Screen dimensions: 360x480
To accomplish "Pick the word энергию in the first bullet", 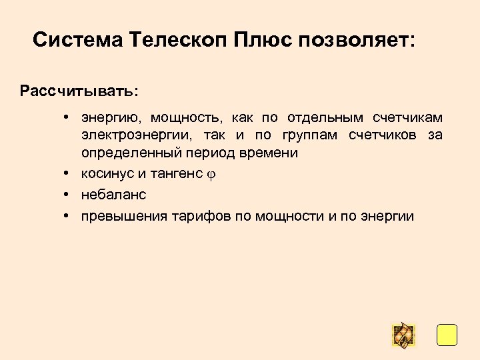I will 111,118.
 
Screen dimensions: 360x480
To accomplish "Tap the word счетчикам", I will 408,118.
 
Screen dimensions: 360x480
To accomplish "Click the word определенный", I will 125,153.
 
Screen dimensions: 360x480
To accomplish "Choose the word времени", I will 272,153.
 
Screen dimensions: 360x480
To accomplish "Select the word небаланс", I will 113,195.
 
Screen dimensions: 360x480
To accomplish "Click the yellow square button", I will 447,335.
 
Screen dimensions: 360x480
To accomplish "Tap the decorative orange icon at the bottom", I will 403,335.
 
